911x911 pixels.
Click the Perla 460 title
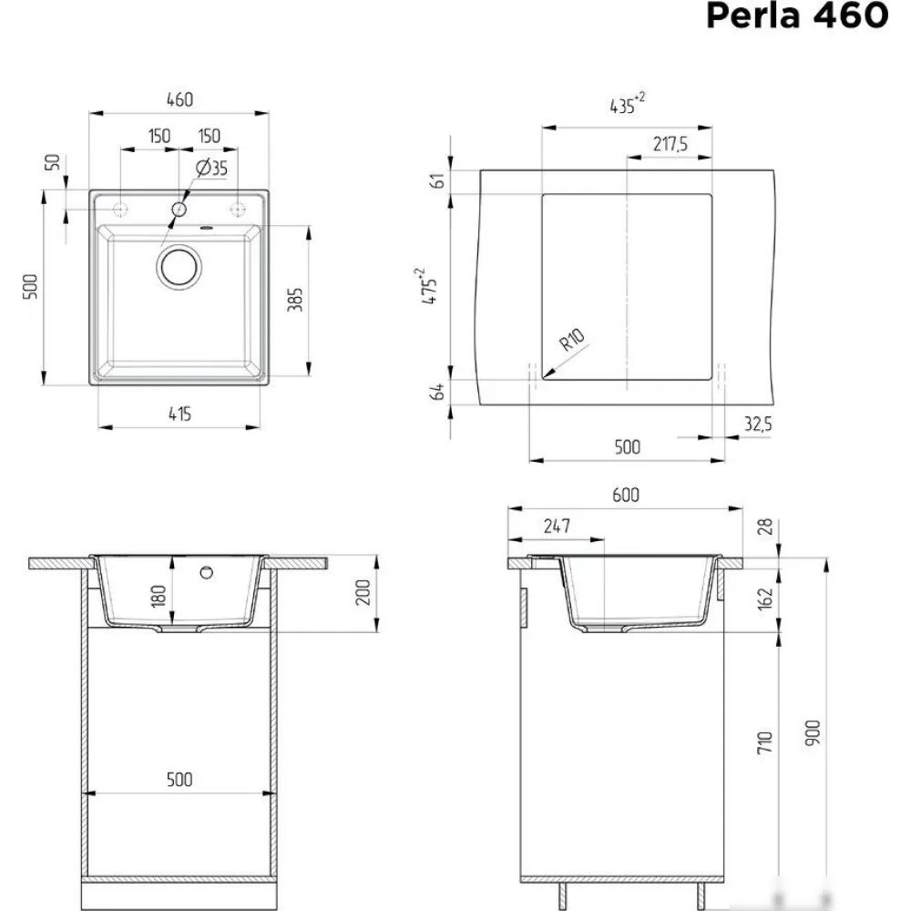pyautogui.click(x=796, y=15)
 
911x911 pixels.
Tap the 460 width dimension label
pyautogui.click(x=179, y=100)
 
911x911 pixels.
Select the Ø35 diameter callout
pyautogui.click(x=212, y=169)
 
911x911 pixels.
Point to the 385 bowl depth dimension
pyautogui.click(x=295, y=299)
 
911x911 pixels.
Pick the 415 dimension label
pyautogui.click(x=179, y=415)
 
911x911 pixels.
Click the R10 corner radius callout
pyautogui.click(x=572, y=339)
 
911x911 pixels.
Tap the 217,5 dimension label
pyautogui.click(x=670, y=144)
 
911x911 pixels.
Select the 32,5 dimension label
pyautogui.click(x=758, y=425)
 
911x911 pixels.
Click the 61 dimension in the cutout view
pyautogui.click(x=439, y=180)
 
